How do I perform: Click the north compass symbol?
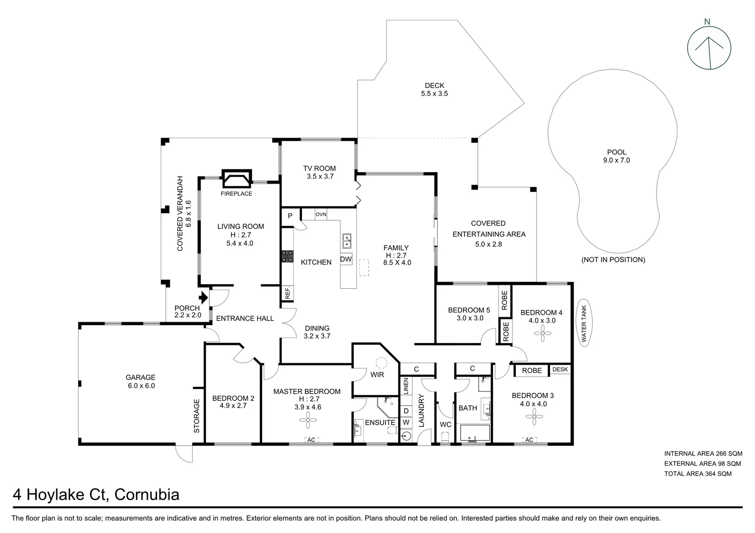coord(709,48)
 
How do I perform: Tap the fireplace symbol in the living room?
coord(236,179)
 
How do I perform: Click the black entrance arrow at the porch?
coord(203,298)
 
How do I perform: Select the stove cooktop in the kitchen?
coord(287,256)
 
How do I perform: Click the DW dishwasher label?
coord(346,259)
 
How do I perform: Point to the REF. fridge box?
coord(288,293)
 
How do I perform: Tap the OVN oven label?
coord(321,214)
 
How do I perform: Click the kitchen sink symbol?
coord(347,241)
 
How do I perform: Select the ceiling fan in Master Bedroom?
coord(307,421)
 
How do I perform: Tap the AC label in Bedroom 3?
coord(529,440)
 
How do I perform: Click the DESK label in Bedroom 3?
coord(560,369)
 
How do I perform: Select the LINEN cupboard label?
coord(406,386)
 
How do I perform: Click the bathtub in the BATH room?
coord(474,433)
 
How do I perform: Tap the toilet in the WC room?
coord(445,437)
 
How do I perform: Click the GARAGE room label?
coord(141,381)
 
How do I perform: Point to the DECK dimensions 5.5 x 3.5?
coord(434,93)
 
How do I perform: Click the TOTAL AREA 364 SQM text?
coord(698,474)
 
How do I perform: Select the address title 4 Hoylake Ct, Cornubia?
coord(96,495)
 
